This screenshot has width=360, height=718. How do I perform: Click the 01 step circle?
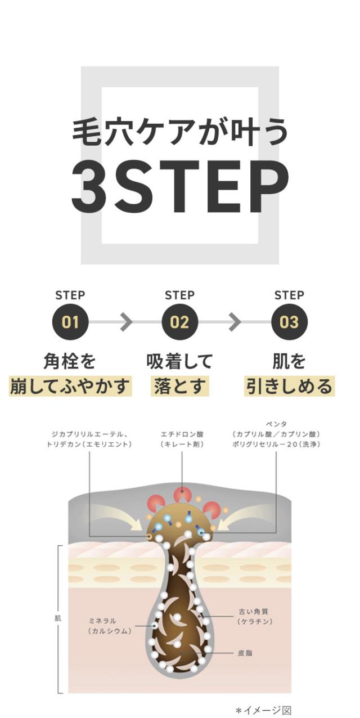click(x=70, y=322)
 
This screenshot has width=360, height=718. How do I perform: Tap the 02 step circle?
click(x=179, y=322)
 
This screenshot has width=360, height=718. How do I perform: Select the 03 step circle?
click(x=289, y=322)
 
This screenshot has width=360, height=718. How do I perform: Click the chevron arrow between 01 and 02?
click(x=126, y=322)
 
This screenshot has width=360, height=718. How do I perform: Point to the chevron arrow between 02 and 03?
click(x=235, y=322)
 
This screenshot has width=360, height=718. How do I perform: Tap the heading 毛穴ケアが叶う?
click(x=180, y=132)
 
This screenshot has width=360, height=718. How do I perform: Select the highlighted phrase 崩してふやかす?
click(x=70, y=386)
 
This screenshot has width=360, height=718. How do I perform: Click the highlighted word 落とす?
click(x=179, y=386)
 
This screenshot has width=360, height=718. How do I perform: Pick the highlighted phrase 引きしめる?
click(x=289, y=386)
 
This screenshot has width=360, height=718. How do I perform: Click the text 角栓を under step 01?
click(x=70, y=361)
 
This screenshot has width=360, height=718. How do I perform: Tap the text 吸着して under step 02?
click(x=179, y=361)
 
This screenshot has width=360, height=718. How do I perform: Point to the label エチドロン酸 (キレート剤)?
click(x=182, y=439)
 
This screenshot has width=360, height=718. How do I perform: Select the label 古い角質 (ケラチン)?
click(x=255, y=616)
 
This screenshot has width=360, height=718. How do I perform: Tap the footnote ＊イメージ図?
click(x=264, y=710)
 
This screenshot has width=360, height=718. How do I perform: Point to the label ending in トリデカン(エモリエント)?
click(x=89, y=439)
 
